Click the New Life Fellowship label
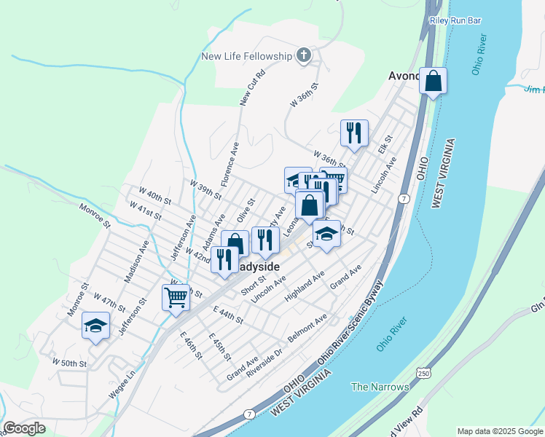pos(247,56)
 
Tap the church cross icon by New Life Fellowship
pos(304,55)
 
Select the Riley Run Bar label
pos(456,21)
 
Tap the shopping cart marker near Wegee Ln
pos(176,297)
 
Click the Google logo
pos(24,428)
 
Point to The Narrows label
pos(380,387)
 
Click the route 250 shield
pos(423,374)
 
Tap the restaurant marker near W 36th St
pos(354,133)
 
